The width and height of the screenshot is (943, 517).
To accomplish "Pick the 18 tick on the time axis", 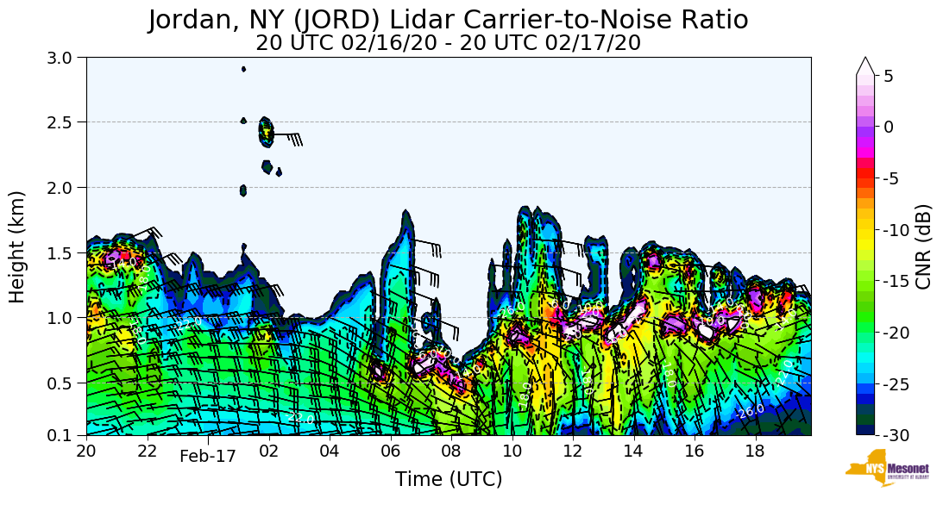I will pyautogui.click(x=755, y=451).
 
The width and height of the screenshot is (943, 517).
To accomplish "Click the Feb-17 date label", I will pyautogui.click(x=207, y=457).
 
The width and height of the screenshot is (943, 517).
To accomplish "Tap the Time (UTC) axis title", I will pyautogui.click(x=448, y=479).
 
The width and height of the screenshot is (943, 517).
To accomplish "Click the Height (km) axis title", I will pyautogui.click(x=17, y=246).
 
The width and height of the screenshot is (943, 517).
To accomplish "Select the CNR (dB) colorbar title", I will pyautogui.click(x=923, y=246).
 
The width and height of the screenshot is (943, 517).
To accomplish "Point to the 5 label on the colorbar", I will pyautogui.click(x=889, y=76).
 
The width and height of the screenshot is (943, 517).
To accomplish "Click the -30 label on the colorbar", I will pyautogui.click(x=896, y=435).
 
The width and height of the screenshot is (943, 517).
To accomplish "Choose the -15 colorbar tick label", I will pyautogui.click(x=896, y=281).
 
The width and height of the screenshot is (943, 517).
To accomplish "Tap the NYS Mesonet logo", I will pyautogui.click(x=880, y=468).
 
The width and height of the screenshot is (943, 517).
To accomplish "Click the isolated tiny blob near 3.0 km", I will pyautogui.click(x=244, y=69).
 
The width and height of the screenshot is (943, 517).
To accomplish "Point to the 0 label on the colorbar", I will pyautogui.click(x=889, y=127).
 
